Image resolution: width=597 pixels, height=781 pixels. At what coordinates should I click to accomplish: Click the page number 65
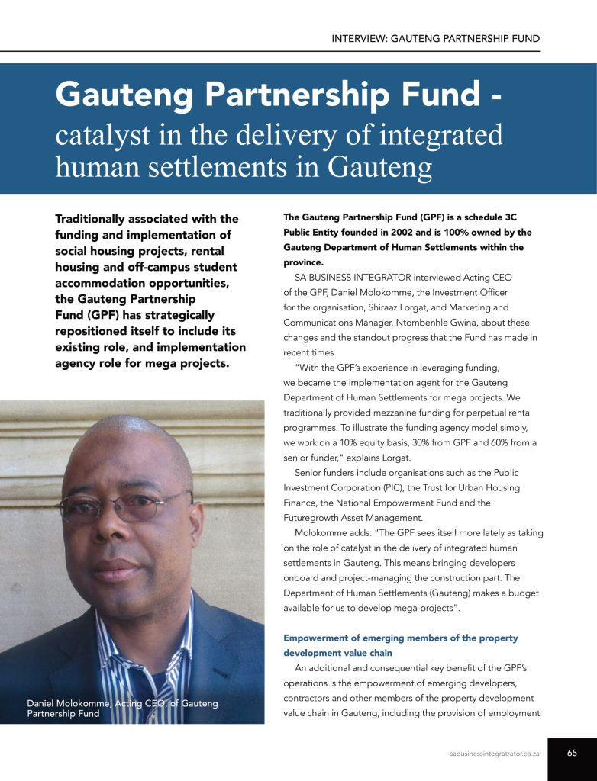[572, 752]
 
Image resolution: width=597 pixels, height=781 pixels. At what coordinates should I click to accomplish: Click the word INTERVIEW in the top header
[359, 38]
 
